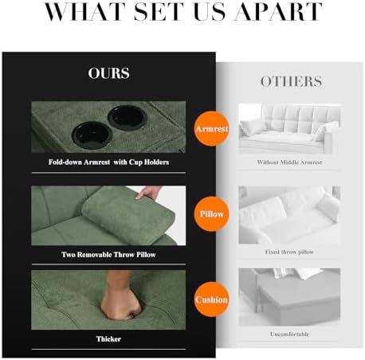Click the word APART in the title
(278, 11)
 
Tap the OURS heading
(109, 73)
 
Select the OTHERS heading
(291, 81)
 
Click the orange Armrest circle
(212, 129)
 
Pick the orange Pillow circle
(212, 214)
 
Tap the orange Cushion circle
(212, 299)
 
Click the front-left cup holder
(92, 133)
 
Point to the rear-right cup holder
(128, 117)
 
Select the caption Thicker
(108, 339)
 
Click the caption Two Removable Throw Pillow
(108, 255)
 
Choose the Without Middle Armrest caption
(289, 162)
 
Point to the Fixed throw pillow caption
(289, 252)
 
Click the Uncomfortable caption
(289, 335)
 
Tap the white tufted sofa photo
(289, 129)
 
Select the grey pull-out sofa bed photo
(289, 297)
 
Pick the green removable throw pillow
(128, 211)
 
